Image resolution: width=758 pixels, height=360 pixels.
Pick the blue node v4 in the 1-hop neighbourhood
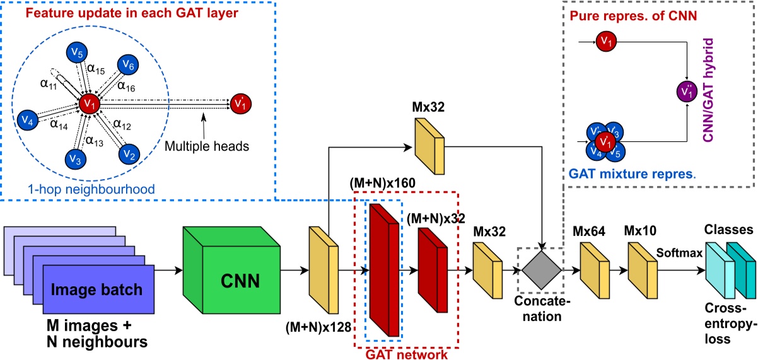point(26,119)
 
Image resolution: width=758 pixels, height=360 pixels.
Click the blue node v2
point(129,153)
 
